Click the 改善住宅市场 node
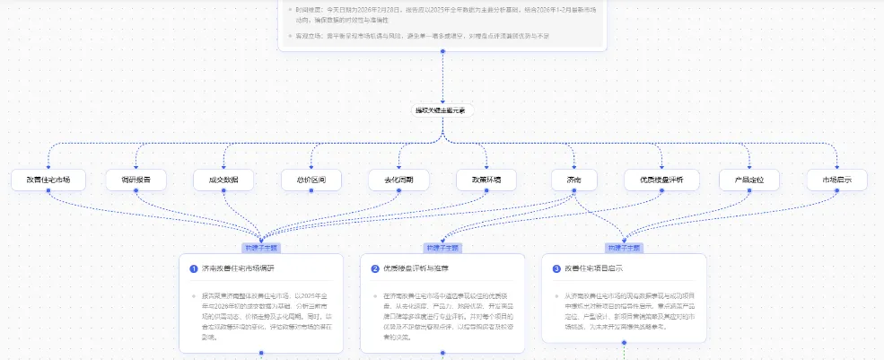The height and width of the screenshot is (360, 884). pos(48,180)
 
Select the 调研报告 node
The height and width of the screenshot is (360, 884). pos(136,180)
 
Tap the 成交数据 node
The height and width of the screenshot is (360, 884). pos(223,180)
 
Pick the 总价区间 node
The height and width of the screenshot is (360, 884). pos(311,180)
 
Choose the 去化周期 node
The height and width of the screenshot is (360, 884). pos(398,180)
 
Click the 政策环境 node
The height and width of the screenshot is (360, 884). pos(486,180)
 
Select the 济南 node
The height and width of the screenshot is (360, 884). pos(574,180)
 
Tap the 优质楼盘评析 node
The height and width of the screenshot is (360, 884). pos(661,180)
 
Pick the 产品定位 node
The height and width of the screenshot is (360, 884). pos(749,180)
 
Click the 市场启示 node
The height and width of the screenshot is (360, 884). pos(837,180)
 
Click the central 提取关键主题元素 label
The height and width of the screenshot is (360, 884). pos(442,110)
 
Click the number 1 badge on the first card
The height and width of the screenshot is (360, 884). pos(194,268)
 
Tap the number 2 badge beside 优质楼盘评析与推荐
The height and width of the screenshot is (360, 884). pos(375,268)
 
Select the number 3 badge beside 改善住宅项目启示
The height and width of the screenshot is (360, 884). pos(556,268)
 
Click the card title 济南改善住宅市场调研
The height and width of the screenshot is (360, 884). pos(239,268)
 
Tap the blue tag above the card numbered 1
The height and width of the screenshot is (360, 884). pos(261,247)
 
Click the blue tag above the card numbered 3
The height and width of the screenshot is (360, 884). pos(624,247)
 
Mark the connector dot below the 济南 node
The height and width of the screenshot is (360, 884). pos(574,192)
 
